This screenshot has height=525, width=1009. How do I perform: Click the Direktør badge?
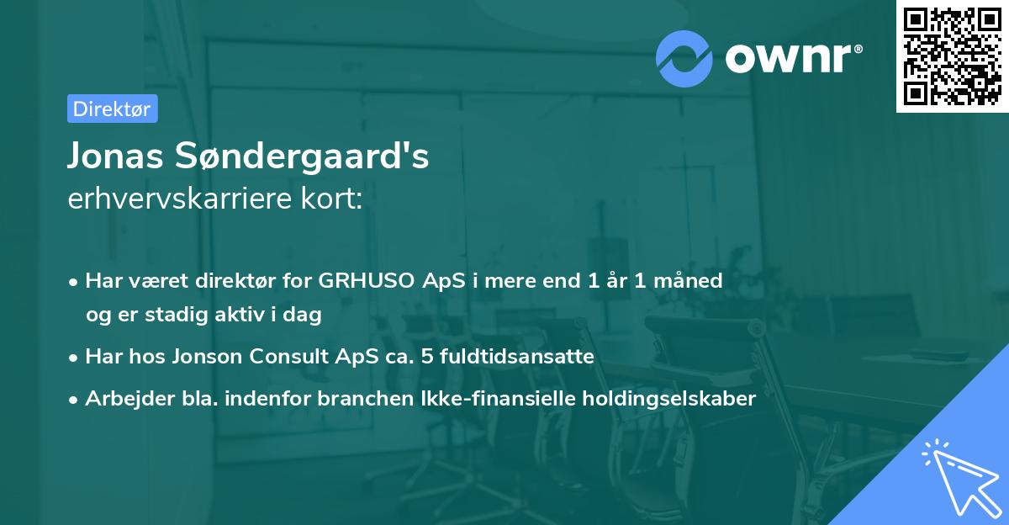(x=112, y=109)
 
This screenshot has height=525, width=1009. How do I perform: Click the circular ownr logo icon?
(x=684, y=59)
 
